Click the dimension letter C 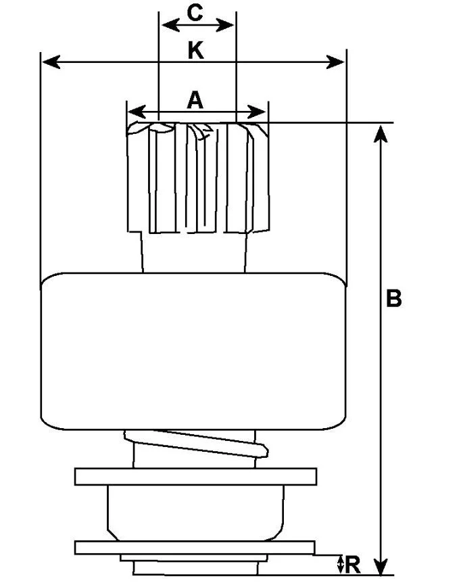[x=195, y=13]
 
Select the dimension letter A [x=195, y=100]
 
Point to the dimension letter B [x=393, y=298]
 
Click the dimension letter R [x=353, y=565]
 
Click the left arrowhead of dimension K [x=51, y=62]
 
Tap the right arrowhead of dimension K [x=335, y=62]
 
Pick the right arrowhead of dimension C [x=225, y=26]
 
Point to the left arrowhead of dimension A [x=137, y=112]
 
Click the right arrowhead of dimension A [x=257, y=112]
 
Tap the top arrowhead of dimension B [x=381, y=135]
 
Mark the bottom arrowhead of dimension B [x=381, y=566]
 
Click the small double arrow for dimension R [x=340, y=564]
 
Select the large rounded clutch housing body [x=193, y=351]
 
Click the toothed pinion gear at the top [x=198, y=178]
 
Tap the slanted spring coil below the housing [x=197, y=443]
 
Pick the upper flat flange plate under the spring [x=196, y=476]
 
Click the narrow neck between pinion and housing [x=194, y=252]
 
